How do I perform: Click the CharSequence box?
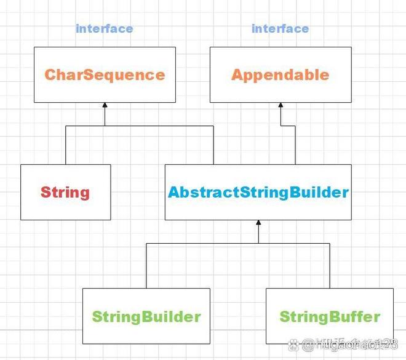click(x=105, y=74)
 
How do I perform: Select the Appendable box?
click(x=280, y=74)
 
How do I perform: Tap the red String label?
click(x=65, y=192)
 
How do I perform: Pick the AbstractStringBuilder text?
click(x=258, y=192)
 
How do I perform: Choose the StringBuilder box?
click(x=146, y=316)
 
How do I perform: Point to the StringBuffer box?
click(x=330, y=316)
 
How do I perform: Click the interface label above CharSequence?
click(x=104, y=28)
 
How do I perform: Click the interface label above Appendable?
click(x=280, y=28)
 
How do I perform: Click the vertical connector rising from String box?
click(x=66, y=145)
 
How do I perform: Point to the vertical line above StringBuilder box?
click(x=146, y=265)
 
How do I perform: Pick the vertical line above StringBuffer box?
click(x=330, y=265)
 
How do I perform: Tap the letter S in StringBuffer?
click(x=285, y=317)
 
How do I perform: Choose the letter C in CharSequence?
click(x=50, y=75)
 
